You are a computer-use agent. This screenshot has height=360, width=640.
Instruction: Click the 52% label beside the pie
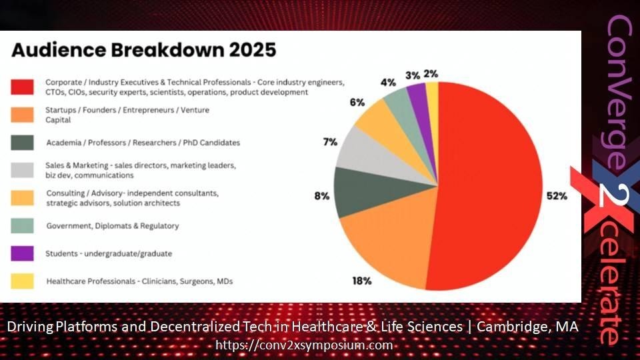tap(557, 196)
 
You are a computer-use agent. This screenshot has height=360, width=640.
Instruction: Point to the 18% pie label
tap(361, 281)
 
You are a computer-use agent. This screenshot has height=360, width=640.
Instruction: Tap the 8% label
tap(321, 196)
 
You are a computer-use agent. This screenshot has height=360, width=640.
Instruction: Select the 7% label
tap(330, 142)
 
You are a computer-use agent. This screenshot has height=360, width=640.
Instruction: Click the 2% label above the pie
tap(431, 74)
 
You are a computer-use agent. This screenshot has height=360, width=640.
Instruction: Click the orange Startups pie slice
tap(388, 241)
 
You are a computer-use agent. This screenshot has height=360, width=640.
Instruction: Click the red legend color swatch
tap(22, 87)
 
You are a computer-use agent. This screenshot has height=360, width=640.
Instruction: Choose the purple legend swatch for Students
tap(22, 253)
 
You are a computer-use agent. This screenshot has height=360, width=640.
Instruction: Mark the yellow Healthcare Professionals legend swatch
tap(22, 281)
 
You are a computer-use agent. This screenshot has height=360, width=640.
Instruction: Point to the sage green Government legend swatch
tap(22, 226)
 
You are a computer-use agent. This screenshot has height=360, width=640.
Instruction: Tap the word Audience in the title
tap(59, 50)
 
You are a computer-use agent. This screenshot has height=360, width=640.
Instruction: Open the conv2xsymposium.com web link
tap(304, 345)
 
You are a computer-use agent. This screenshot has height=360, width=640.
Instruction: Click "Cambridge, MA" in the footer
tap(527, 327)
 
